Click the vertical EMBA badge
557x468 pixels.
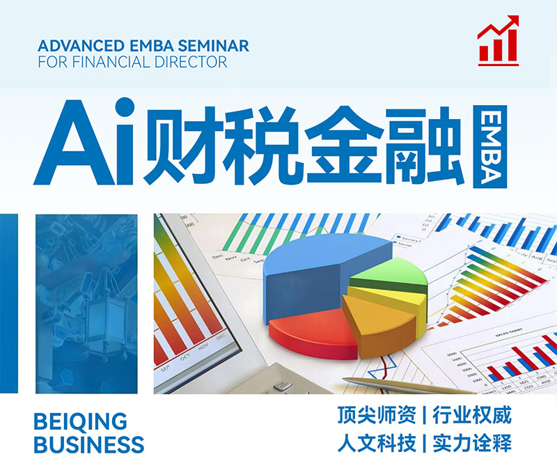[489, 146]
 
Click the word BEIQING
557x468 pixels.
[81, 421]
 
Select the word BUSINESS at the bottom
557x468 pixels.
[89, 444]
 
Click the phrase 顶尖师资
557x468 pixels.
[377, 417]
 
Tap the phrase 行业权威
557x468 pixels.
[472, 417]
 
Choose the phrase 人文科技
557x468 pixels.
[377, 443]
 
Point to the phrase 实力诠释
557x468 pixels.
[472, 443]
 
